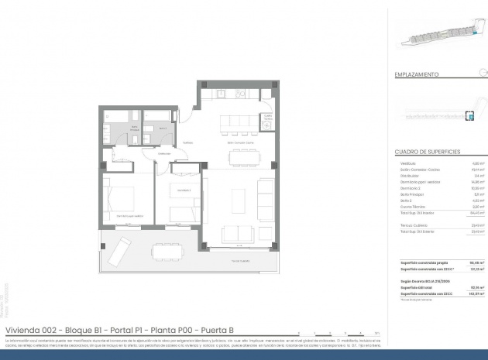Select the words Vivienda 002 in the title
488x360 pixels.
point(28,330)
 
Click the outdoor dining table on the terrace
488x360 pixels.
point(168,249)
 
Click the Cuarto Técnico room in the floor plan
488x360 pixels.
point(268,119)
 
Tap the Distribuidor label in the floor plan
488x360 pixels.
point(164,154)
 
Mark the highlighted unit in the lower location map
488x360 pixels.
point(469,115)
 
